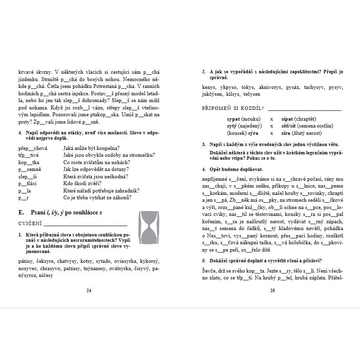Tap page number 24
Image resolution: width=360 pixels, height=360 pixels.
click(89, 291)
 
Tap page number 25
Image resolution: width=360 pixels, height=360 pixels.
click(272, 291)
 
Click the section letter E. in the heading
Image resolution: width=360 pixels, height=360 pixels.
click(21, 213)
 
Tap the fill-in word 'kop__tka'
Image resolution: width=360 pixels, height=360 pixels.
click(29, 162)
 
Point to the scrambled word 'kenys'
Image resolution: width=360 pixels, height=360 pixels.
click(209, 87)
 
